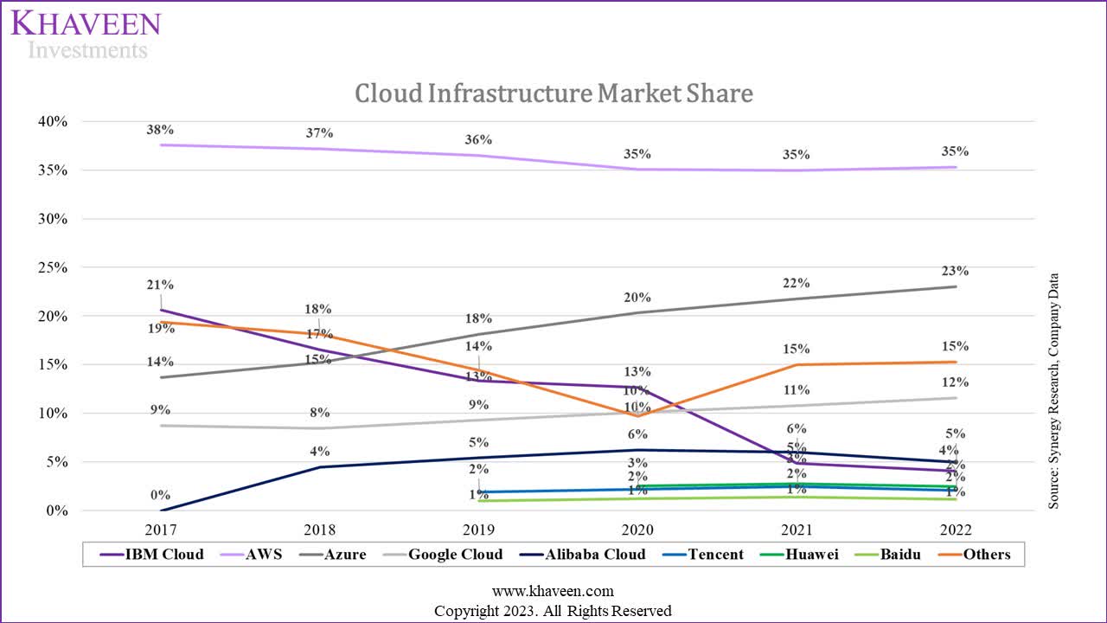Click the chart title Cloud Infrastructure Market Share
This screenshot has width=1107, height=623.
[x=553, y=93]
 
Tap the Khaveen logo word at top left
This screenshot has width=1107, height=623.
[x=86, y=23]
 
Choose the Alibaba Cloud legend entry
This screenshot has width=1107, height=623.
[x=588, y=554]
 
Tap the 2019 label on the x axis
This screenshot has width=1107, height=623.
[x=478, y=530]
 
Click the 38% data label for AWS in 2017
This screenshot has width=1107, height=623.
[x=160, y=130]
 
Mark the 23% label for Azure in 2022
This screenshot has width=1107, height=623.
[x=956, y=271]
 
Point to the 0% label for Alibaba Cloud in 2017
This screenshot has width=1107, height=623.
[x=160, y=495]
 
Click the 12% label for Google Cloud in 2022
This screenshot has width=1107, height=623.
[x=956, y=382]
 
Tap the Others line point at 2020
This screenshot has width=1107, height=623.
[x=637, y=415]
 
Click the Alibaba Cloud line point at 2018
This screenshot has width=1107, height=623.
[x=319, y=467]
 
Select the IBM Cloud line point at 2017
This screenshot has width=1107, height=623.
[x=160, y=310]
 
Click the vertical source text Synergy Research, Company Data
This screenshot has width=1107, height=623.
[x=1053, y=391]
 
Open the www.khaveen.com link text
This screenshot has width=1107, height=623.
[x=553, y=592]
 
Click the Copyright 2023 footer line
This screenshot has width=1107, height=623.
[x=553, y=611]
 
